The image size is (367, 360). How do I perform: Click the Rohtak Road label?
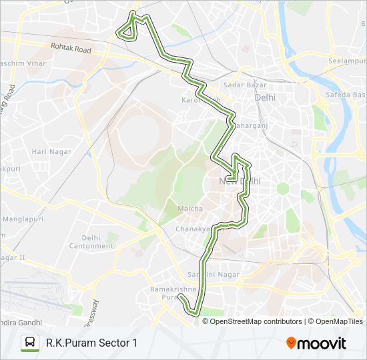(71, 49)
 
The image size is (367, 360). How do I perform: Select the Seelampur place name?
(346, 61)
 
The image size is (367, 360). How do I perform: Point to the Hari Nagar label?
(47, 151)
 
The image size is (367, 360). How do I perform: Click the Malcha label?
(190, 209)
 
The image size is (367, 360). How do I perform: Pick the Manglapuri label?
(23, 219)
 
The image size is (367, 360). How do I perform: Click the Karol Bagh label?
(200, 100)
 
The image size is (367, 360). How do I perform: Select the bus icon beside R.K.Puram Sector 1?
(30, 343)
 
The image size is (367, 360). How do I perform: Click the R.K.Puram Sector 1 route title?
(91, 343)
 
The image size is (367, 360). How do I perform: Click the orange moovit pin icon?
(291, 343)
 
